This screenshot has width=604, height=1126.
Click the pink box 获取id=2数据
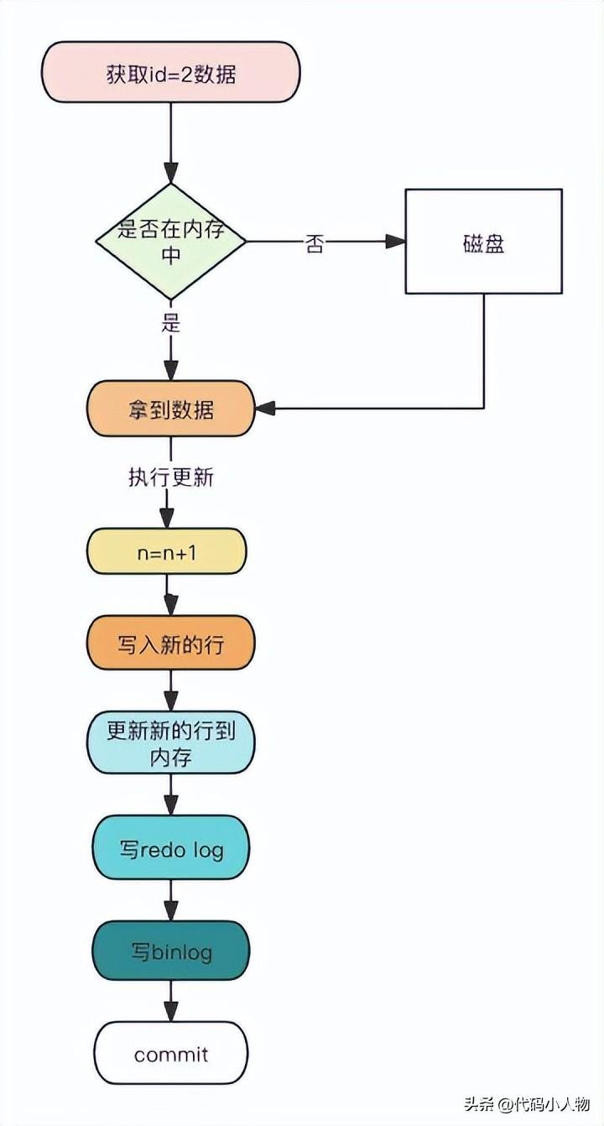pyautogui.click(x=171, y=73)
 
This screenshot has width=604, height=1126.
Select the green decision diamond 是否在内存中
pyautogui.click(x=171, y=242)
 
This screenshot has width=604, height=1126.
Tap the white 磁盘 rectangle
pyautogui.click(x=483, y=242)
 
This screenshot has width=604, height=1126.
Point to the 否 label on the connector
pyautogui.click(x=315, y=245)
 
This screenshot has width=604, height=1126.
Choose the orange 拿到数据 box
pyautogui.click(x=171, y=409)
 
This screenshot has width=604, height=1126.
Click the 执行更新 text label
pyautogui.click(x=171, y=478)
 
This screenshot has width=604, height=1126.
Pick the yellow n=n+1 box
pyautogui.click(x=166, y=552)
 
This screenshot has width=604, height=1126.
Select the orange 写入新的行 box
pyautogui.click(x=171, y=644)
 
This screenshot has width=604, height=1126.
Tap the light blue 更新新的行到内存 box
pyautogui.click(x=171, y=743)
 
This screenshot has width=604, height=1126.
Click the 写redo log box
pyautogui.click(x=171, y=849)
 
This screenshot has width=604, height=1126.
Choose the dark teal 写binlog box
pyautogui.click(x=171, y=951)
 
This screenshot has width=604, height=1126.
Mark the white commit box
pyautogui.click(x=171, y=1053)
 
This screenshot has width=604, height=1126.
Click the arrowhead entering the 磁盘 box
pyautogui.click(x=396, y=242)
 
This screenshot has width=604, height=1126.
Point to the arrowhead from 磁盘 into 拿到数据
pyautogui.click(x=265, y=409)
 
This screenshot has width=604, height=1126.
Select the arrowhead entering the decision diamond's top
pyautogui.click(x=171, y=175)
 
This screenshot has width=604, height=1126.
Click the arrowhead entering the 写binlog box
pyautogui.click(x=171, y=912)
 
